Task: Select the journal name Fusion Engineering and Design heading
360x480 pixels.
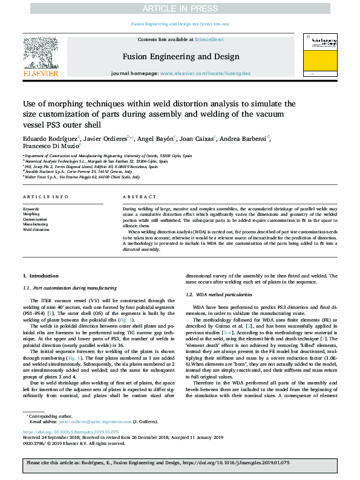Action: coord(180,57)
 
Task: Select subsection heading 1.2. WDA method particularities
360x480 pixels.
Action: coord(218,294)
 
